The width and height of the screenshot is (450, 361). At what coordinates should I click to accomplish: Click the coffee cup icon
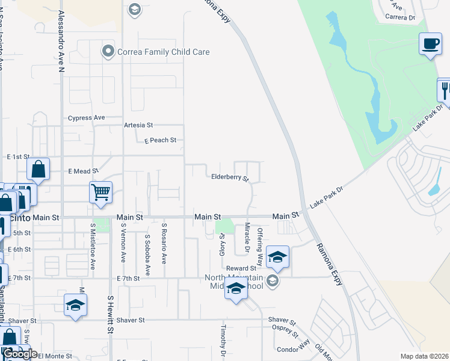click(x=430, y=44)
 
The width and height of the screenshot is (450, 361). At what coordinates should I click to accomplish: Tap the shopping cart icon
click(x=101, y=193)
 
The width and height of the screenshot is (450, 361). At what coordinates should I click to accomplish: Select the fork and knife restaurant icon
click(x=445, y=90)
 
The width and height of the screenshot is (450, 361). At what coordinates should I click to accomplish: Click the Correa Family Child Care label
click(x=164, y=52)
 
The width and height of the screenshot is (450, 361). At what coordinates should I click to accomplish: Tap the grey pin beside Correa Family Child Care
click(x=108, y=52)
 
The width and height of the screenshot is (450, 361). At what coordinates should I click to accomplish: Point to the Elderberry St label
click(x=230, y=177)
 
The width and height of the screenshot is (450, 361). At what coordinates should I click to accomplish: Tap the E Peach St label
click(x=160, y=140)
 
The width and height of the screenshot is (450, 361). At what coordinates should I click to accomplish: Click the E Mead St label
click(x=83, y=171)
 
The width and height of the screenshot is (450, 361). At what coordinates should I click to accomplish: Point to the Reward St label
click(x=241, y=268)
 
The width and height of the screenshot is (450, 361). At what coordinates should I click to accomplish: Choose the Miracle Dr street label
click(x=247, y=238)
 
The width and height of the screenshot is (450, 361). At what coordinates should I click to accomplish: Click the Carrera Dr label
click(x=403, y=18)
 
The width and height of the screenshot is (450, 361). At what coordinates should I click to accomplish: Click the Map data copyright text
click(x=425, y=356)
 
